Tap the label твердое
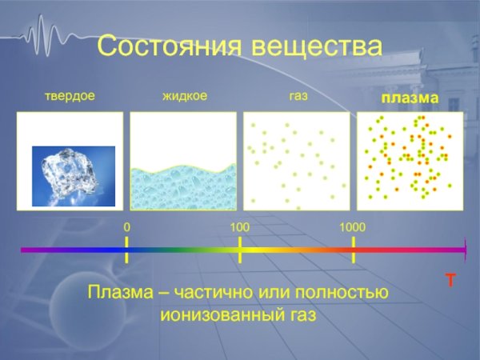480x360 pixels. point(70,97)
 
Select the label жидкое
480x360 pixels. point(185,97)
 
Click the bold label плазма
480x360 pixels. point(409,98)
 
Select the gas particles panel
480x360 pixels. point(296,160)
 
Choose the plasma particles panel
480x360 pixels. point(409,160)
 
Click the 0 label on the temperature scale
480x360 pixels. point(126,228)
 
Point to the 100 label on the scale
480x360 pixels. point(240,228)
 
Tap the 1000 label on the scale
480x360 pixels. point(352,228)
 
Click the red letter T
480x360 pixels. point(450,281)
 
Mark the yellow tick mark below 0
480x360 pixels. point(127,250)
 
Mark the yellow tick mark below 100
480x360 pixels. point(240,250)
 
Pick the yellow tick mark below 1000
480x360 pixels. point(354,250)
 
